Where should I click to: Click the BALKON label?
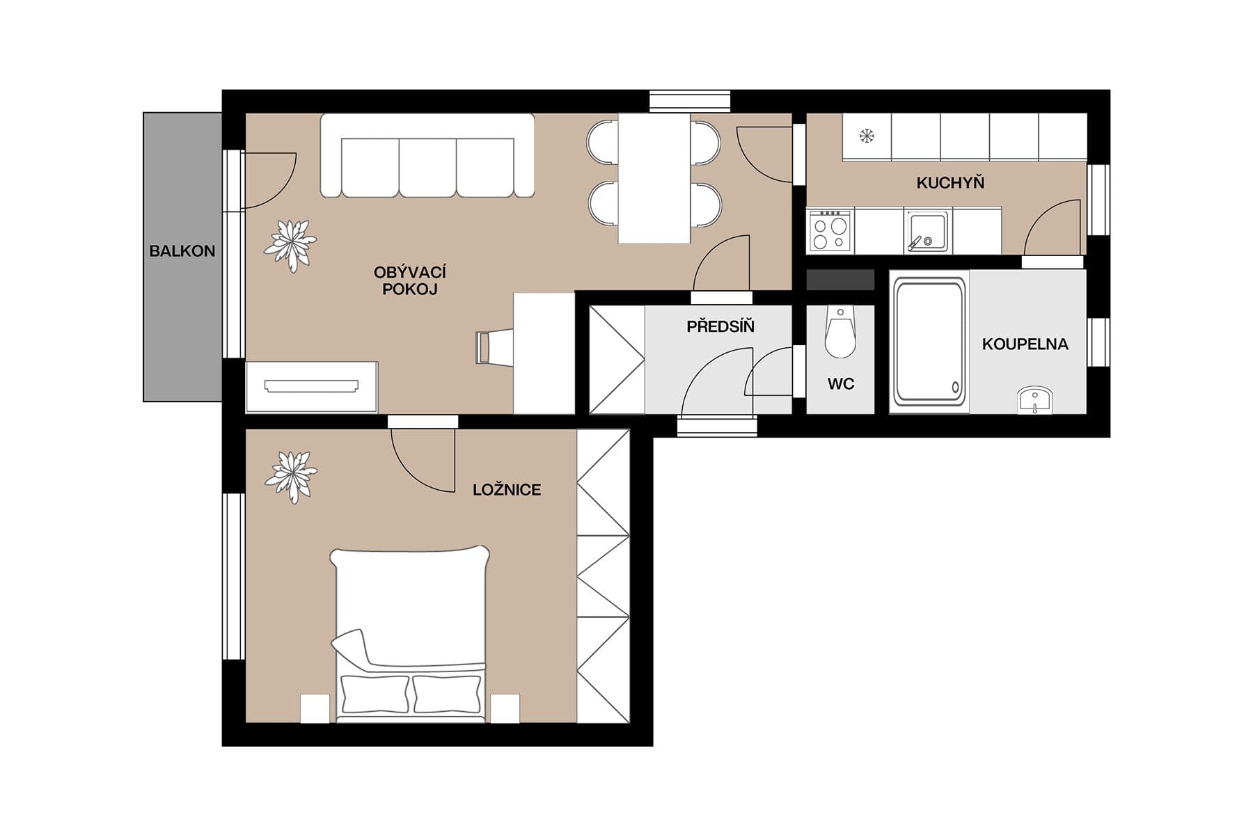[182, 251]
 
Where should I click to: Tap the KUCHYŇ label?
[949, 183]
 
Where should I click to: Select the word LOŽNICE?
[506, 490]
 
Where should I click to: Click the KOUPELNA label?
[1024, 344]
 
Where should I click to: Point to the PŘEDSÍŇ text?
[720, 326]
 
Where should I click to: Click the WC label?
[840, 384]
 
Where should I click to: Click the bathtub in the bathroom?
[929, 342]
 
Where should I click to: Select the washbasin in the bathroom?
[1034, 401]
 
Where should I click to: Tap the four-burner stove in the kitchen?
[830, 232]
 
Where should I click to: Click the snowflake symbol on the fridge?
[866, 136]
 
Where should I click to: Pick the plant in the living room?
[290, 244]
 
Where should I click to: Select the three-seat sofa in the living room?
[427, 157]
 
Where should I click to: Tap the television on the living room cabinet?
[311, 385]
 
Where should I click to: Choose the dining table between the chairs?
[654, 178]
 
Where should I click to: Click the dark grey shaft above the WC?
[840, 280]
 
